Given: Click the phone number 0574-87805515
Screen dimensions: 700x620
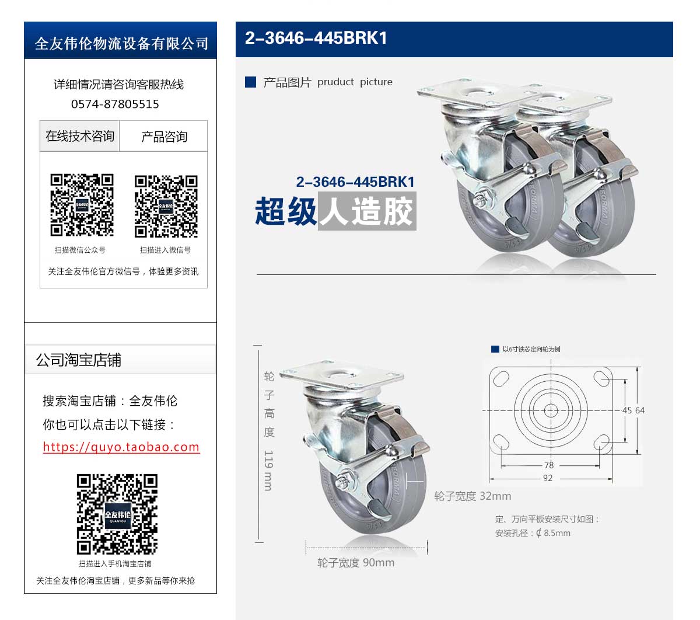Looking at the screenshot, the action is (x=115, y=104).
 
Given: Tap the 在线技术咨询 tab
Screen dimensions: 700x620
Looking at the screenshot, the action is (x=79, y=136).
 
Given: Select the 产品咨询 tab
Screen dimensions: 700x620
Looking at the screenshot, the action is (x=164, y=136).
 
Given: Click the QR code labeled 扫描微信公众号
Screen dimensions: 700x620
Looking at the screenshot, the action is (x=82, y=205).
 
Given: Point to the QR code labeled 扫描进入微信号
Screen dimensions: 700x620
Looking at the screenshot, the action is (x=166, y=207).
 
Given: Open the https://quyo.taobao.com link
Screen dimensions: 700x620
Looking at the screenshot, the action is (x=121, y=447).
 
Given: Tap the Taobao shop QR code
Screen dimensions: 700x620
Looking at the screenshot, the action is (x=117, y=514).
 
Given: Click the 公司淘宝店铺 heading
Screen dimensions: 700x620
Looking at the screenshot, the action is (x=79, y=360).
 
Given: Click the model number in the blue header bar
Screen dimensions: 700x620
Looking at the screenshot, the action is (x=316, y=38).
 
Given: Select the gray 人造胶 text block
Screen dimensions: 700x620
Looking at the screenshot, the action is (x=367, y=211).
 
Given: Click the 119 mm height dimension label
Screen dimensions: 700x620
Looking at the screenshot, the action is (x=268, y=471).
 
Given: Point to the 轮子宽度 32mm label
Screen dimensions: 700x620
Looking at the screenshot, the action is (x=473, y=496).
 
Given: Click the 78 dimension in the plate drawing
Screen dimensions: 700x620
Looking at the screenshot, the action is (x=549, y=465).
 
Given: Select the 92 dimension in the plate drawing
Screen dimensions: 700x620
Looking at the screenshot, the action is (x=548, y=478).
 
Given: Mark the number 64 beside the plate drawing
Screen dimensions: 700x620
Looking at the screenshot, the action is (x=640, y=410).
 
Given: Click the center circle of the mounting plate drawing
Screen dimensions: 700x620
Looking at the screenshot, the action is (x=551, y=410).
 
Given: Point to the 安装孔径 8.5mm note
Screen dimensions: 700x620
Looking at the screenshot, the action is (x=533, y=533).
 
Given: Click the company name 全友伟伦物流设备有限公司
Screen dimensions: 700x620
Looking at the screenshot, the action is (x=121, y=44).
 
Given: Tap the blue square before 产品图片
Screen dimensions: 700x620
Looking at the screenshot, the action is (x=250, y=82).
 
